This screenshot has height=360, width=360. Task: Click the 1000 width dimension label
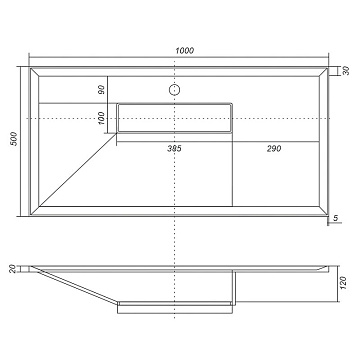[184, 51]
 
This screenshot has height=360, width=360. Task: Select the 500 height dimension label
[14, 139]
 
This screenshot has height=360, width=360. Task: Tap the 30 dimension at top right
[346, 71]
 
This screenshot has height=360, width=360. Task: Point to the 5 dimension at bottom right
[336, 218]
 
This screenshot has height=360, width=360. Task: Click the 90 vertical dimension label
[102, 89]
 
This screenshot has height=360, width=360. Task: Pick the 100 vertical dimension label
[102, 118]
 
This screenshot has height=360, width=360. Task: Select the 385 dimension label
[174, 149]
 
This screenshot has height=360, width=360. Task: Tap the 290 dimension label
[274, 149]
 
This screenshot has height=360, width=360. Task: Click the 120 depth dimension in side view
[344, 283]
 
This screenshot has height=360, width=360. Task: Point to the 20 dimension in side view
[12, 269]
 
